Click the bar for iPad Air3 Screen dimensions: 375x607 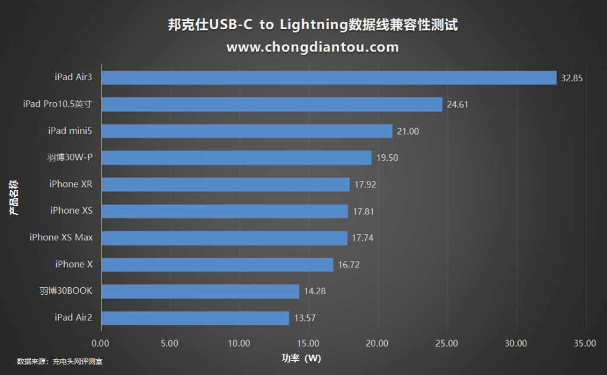(x=328, y=78)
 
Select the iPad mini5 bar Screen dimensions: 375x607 (x=247, y=131)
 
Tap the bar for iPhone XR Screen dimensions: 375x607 (x=225, y=185)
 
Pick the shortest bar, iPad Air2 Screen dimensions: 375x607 (x=195, y=318)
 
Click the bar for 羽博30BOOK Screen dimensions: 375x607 (x=200, y=291)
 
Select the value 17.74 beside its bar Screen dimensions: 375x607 (x=363, y=238)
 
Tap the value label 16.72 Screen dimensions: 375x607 (x=349, y=265)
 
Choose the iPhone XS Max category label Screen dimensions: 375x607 (x=61, y=237)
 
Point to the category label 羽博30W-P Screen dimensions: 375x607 (x=70, y=157)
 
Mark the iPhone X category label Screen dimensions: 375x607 (x=74, y=264)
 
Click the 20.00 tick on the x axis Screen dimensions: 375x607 (x=378, y=343)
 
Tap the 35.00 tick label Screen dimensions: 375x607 (x=585, y=343)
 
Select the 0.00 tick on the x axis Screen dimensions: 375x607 (x=101, y=343)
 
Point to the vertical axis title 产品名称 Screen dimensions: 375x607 (x=14, y=198)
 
